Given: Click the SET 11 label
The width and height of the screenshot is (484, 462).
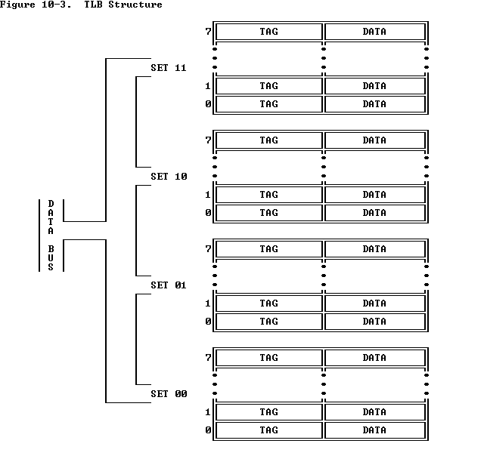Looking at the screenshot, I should point(168,68).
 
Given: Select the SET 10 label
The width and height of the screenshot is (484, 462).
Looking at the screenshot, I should point(168,177).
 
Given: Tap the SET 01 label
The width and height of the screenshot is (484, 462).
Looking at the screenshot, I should point(168,285).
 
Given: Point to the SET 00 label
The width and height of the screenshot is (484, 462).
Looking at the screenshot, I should point(168,394).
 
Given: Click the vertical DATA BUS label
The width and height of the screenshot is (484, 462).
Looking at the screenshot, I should point(51,235).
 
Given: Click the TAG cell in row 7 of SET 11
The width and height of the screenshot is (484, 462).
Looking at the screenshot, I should point(268,32).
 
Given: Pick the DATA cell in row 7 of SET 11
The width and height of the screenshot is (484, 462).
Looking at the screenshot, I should point(374,32).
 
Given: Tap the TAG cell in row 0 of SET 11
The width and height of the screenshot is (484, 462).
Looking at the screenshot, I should point(268,104).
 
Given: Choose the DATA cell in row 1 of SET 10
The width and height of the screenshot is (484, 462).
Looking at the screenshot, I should point(374,195).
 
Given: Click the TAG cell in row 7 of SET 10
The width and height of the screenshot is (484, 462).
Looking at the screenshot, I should point(268,140).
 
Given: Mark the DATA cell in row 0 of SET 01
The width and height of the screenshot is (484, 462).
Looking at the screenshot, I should point(374,322).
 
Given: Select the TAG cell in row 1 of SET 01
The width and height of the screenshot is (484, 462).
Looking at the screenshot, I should point(268,303).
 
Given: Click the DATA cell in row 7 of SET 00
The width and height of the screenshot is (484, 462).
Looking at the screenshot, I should point(374,358).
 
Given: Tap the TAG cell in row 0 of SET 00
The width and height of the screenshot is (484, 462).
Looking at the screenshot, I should point(268,430).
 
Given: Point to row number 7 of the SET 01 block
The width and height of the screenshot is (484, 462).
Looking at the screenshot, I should point(208,249).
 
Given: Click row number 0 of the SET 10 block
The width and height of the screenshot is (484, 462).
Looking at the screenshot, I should point(208,213).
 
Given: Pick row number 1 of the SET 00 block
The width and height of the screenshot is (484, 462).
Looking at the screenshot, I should point(208,412).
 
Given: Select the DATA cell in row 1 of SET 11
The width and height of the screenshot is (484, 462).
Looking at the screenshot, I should point(374,86).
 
